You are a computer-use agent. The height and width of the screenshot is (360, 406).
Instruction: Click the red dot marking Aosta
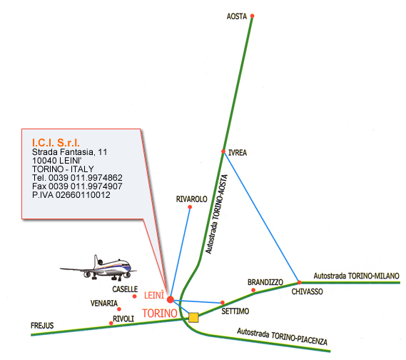tap(252, 16)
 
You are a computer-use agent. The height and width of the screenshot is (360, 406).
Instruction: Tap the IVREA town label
tap(238, 153)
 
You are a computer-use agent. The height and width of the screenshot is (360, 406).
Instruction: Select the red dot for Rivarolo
tap(190, 207)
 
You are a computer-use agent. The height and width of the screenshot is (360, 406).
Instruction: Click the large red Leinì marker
tap(170, 299)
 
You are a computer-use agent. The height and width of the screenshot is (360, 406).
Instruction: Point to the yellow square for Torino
tap(193, 317)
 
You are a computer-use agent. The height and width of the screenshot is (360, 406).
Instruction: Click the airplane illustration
tap(98, 269)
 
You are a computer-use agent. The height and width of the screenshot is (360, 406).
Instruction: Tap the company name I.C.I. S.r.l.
tap(56, 143)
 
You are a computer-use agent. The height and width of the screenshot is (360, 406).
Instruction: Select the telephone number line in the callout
tap(77, 178)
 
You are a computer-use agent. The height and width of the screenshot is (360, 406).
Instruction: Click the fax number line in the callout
tap(77, 186)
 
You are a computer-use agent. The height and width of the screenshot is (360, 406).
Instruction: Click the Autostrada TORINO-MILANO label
tap(356, 276)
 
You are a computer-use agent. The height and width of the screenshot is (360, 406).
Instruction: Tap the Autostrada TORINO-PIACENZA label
tap(283, 336)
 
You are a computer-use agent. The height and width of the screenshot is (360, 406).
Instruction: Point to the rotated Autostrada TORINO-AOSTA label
tap(216, 214)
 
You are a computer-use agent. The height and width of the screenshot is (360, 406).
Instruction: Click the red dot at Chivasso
tap(299, 282)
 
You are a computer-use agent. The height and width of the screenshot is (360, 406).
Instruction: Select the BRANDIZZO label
tap(265, 282)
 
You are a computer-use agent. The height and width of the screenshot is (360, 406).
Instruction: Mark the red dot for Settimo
tap(223, 302)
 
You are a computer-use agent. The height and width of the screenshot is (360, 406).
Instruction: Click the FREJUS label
tap(42, 326)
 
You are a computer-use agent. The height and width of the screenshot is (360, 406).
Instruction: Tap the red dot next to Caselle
tap(134, 296)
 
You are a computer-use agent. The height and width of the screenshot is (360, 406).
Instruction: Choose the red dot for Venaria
tap(119, 309)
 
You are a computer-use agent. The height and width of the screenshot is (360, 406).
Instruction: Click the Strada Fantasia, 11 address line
tap(69, 152)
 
